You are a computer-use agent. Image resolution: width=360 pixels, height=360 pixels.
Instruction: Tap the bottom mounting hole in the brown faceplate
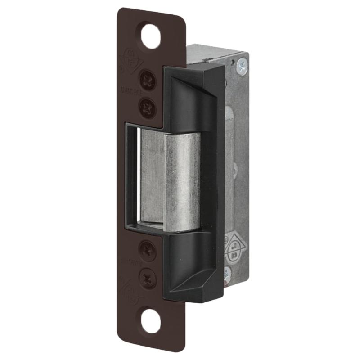pos(151,320)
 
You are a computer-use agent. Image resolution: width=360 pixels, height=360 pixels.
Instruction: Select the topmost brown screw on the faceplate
pos(147,81)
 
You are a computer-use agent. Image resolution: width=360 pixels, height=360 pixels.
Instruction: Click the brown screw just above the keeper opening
pos(147,108)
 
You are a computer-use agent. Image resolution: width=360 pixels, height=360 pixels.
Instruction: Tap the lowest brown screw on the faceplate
pos(148,278)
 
